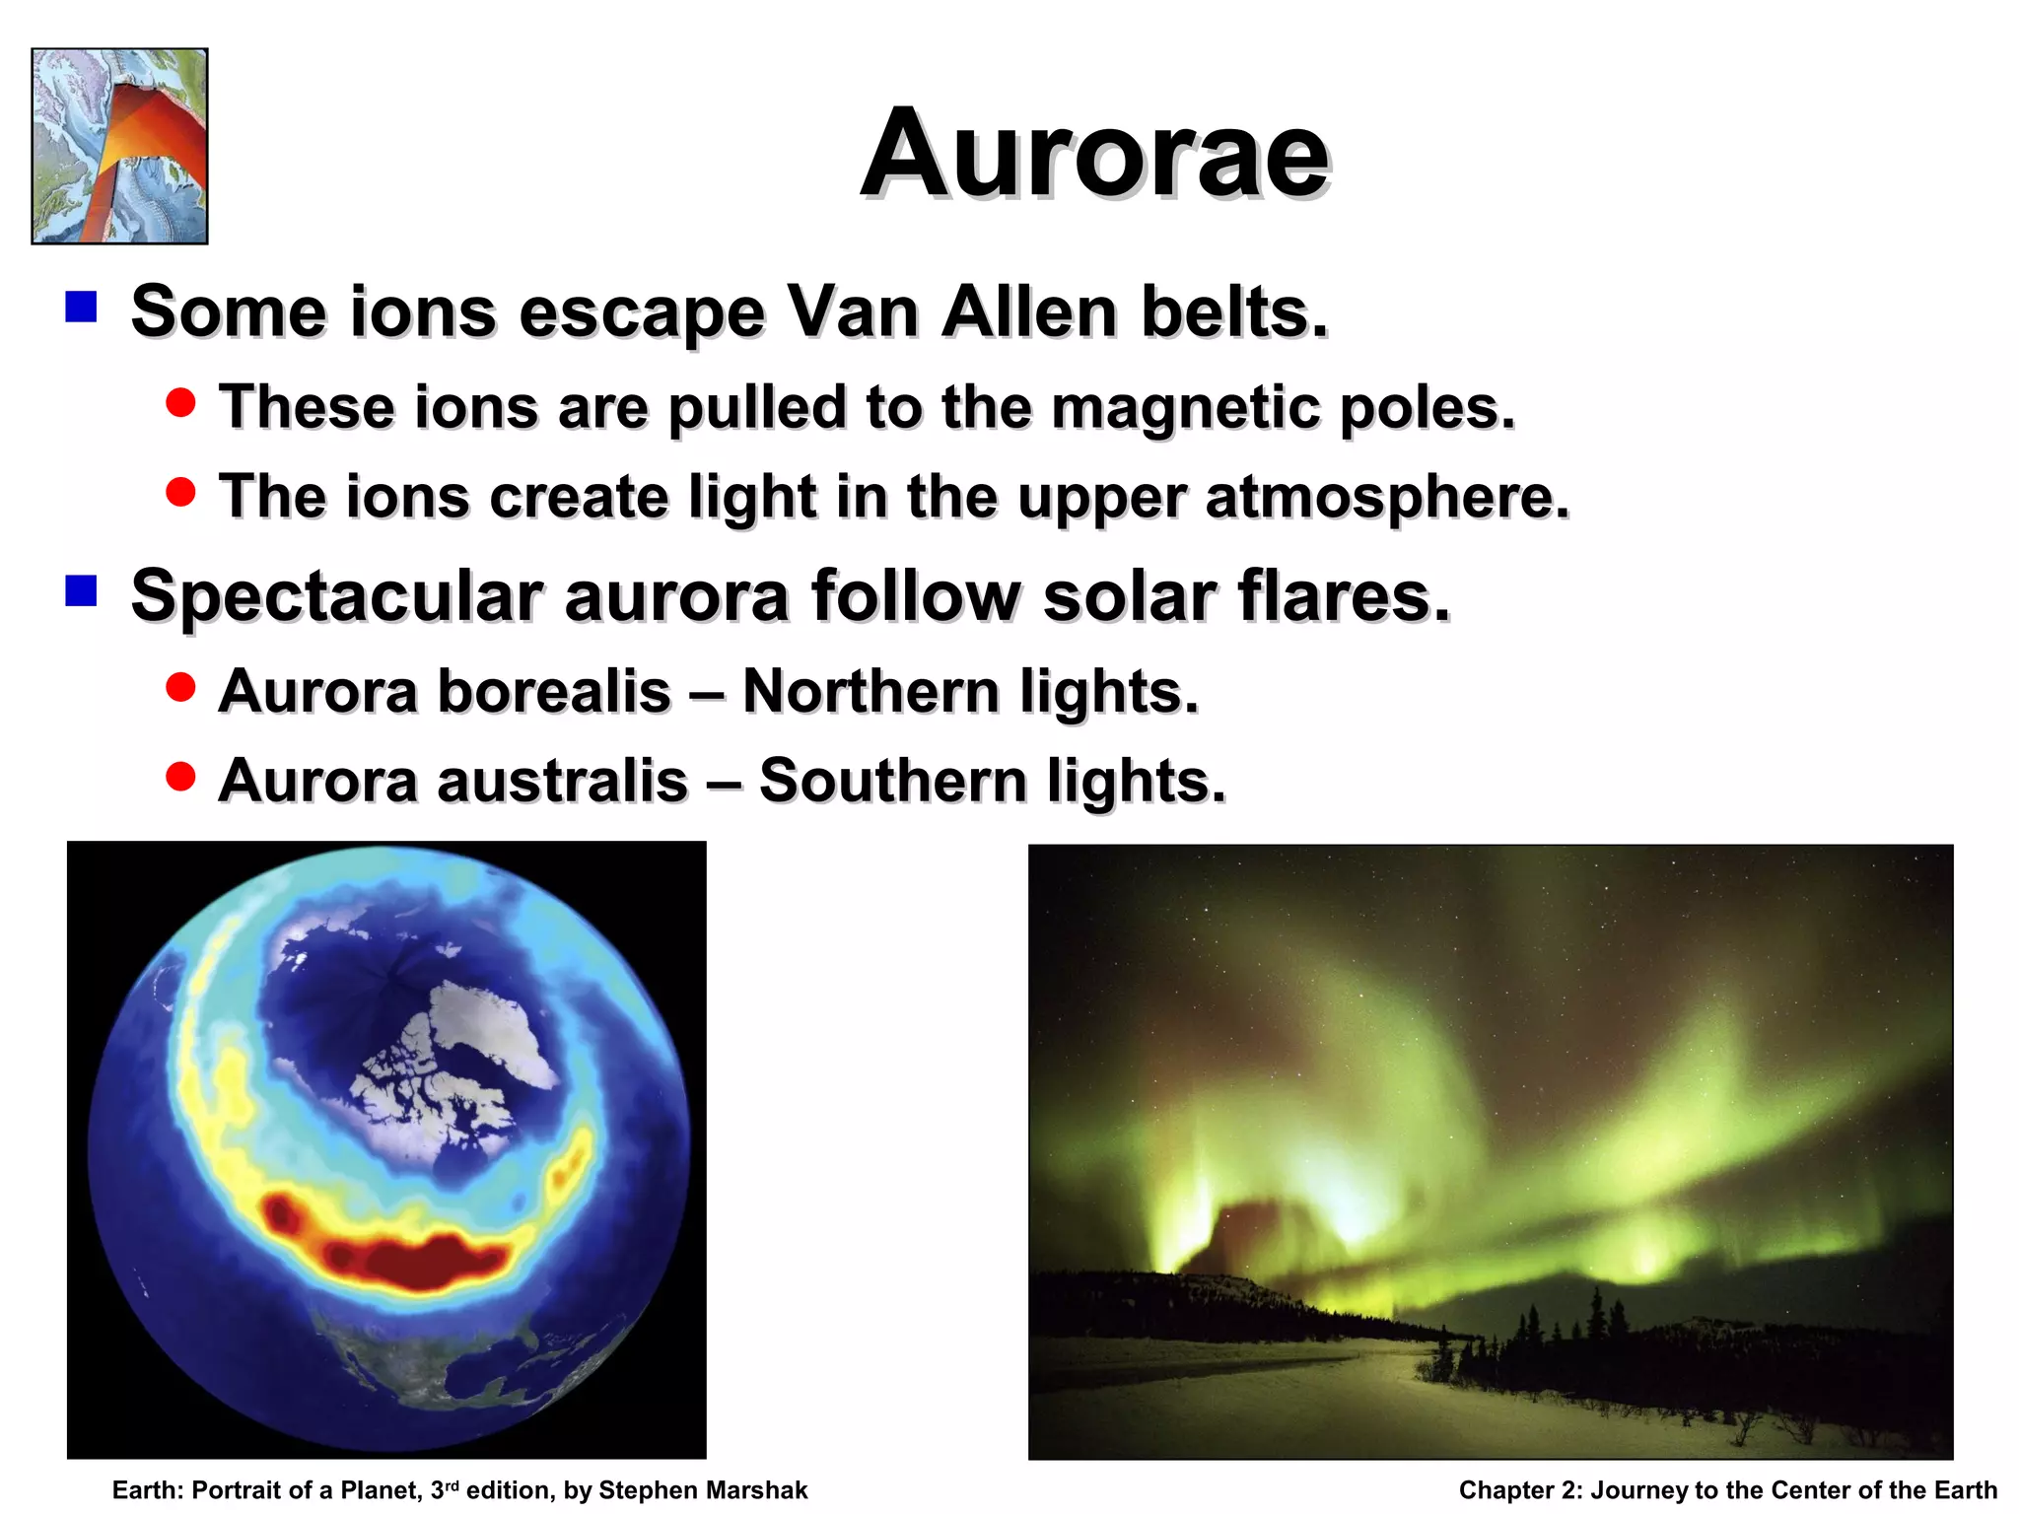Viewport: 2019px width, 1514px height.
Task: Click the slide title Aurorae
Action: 1094,155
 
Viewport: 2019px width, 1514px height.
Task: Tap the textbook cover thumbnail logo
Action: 119,146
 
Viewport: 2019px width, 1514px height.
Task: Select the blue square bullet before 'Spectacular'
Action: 81,591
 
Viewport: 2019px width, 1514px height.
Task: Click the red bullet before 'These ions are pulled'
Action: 180,402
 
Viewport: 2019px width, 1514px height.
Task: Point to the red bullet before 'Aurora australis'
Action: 180,777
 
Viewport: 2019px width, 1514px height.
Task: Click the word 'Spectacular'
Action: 336,595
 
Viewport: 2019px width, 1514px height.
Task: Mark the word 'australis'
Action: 562,780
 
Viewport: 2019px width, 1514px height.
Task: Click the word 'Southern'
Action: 892,780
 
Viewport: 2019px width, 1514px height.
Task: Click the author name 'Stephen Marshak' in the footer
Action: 702,1490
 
